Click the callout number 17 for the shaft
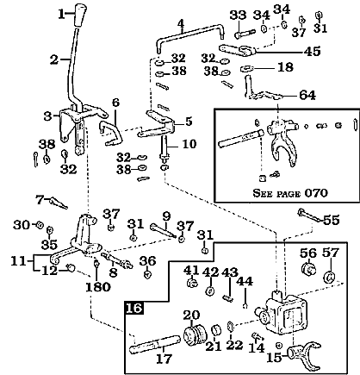tap(163, 356)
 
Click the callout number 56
tap(307, 253)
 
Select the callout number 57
tap(331, 253)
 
